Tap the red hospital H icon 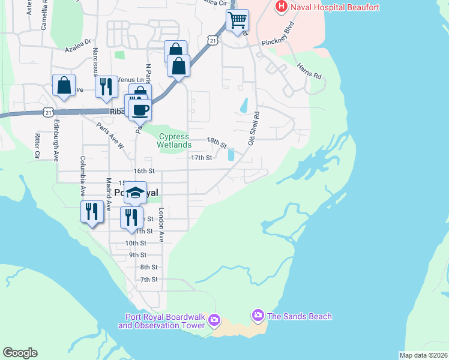pyautogui.click(x=280, y=7)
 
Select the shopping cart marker pyautogui.click(x=238, y=21)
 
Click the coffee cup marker pyautogui.click(x=141, y=110)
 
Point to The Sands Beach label pyautogui.click(x=300, y=316)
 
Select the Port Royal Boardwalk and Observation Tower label pyautogui.click(x=161, y=322)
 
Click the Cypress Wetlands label pyautogui.click(x=174, y=140)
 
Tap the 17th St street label pyautogui.click(x=202, y=158)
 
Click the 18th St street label pyautogui.click(x=216, y=142)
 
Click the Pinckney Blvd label pyautogui.click(x=280, y=37)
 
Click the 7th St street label pyautogui.click(x=148, y=280)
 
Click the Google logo pyautogui.click(x=20, y=353)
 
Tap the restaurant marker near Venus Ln pyautogui.click(x=104, y=86)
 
